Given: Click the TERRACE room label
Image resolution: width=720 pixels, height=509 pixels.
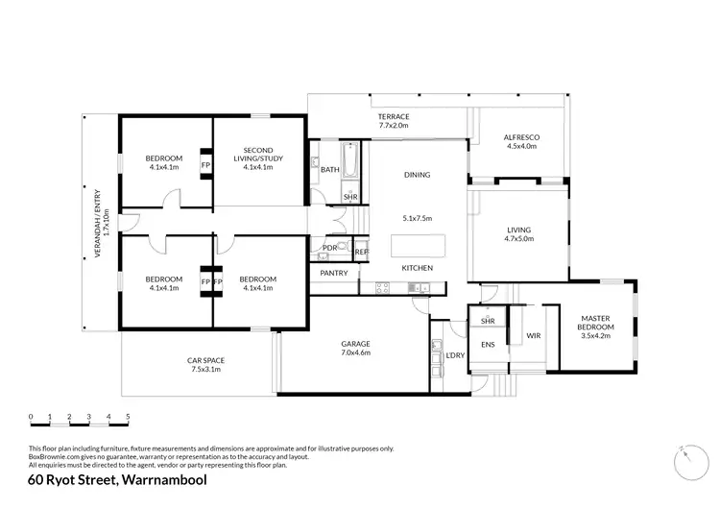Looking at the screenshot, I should [394, 116].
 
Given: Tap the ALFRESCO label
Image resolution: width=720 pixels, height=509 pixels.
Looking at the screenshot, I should [520, 137].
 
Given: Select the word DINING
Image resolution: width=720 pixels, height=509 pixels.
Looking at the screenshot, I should [417, 175].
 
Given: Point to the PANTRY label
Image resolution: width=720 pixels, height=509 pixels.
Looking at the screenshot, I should [333, 274].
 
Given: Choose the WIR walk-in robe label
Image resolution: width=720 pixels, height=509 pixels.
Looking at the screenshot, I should [534, 335].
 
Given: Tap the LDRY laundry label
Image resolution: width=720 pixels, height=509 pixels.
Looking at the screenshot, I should [456, 356].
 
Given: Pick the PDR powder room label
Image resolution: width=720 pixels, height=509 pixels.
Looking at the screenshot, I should [329, 248].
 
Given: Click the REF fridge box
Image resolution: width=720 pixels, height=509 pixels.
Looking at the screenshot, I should [361, 252].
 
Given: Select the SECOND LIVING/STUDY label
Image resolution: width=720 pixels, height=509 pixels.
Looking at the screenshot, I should [258, 155].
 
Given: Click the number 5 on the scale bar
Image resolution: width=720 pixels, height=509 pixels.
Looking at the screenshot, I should [128, 417].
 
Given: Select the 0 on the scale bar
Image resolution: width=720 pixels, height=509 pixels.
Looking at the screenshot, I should [31, 417].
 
